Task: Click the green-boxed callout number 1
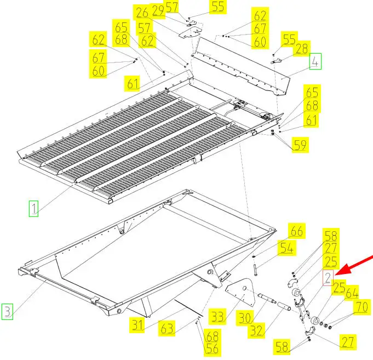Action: [33, 209]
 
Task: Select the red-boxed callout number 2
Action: [328, 278]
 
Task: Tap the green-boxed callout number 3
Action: [7, 311]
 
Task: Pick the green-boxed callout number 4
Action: [315, 61]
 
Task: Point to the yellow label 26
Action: [142, 13]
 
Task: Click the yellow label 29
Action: [158, 11]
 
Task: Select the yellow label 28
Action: [302, 49]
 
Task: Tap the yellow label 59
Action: [301, 145]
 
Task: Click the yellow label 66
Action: [297, 231]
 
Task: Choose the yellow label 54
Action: [288, 248]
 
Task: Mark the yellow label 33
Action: [217, 317]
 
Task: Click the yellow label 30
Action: [245, 318]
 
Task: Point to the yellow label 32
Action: [256, 330]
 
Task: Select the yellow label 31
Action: [137, 325]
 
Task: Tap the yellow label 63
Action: [167, 329]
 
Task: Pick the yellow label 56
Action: [212, 348]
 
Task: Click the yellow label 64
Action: [352, 293]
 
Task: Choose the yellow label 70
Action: [362, 307]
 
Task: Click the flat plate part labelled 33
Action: [241, 292]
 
